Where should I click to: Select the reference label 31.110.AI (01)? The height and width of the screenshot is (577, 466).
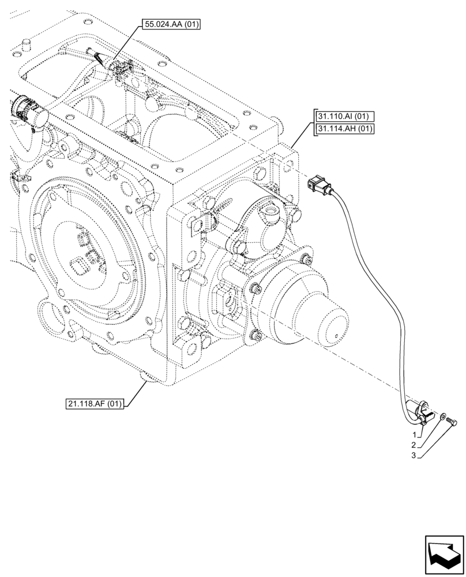pyautogui.click(x=344, y=115)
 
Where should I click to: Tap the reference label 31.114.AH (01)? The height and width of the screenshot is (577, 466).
pyautogui.click(x=345, y=128)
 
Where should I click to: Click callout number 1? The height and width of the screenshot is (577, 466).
pyautogui.click(x=414, y=433)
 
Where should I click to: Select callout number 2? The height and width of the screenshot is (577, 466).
pyautogui.click(x=414, y=445)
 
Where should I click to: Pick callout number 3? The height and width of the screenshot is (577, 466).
pyautogui.click(x=414, y=456)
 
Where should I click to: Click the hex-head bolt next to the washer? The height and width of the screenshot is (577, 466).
pyautogui.click(x=452, y=424)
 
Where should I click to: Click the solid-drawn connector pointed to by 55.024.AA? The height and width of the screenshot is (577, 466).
pyautogui.click(x=121, y=70)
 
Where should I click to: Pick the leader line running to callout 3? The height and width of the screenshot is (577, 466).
pyautogui.click(x=435, y=441)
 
